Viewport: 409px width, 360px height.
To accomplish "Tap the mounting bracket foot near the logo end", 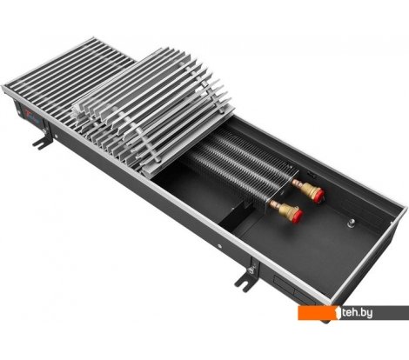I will pos(36,137).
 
